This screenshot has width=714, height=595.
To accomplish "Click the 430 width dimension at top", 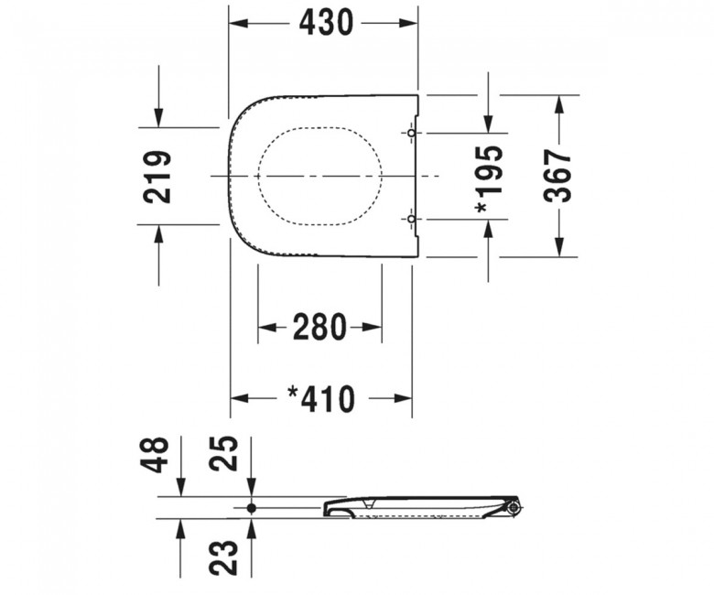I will (324, 23).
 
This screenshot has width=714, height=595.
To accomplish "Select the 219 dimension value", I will (157, 176).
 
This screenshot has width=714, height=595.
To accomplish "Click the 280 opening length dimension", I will (319, 327).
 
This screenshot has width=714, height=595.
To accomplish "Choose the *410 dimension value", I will (320, 398).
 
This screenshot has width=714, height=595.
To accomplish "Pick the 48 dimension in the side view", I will (157, 453).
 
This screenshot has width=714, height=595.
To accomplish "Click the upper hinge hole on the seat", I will (411, 134).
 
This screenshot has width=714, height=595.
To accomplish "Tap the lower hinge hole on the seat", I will (411, 220).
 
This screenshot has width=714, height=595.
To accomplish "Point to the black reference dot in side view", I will (252, 507).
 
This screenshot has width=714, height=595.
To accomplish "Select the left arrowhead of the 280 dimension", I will (266, 327).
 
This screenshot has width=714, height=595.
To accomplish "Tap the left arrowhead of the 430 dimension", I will (237, 23).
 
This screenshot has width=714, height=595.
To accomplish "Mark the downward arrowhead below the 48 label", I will (181, 487).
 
